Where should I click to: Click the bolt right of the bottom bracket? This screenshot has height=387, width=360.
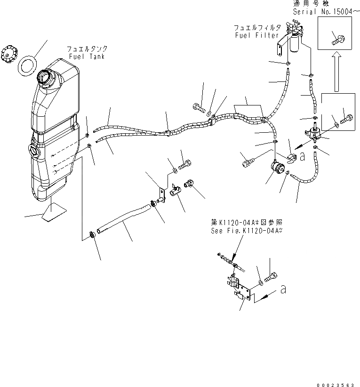pos(272,279)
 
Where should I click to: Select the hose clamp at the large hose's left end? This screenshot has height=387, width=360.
pos(93,234)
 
